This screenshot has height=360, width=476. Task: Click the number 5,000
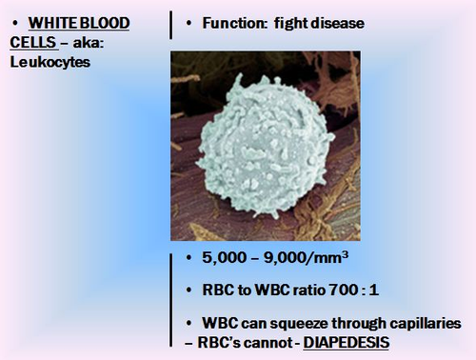click(x=224, y=257)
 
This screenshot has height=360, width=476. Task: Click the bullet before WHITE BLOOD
click(x=17, y=23)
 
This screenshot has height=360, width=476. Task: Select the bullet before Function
click(x=190, y=22)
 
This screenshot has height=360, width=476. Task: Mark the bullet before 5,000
click(x=190, y=257)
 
